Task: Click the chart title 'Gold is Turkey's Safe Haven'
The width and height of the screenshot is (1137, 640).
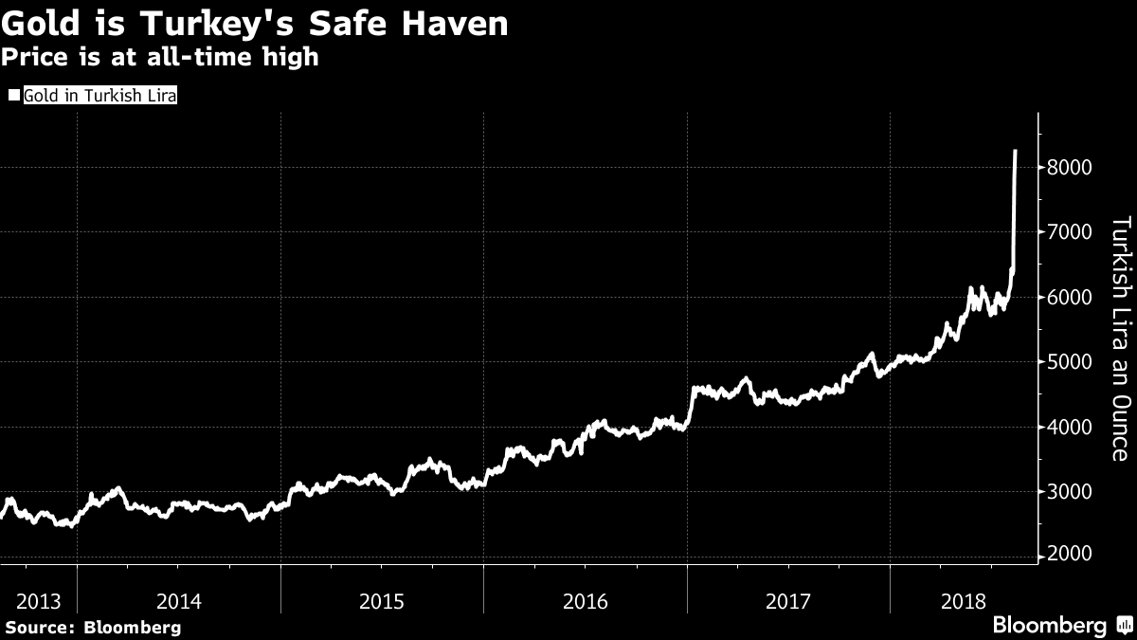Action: click(254, 24)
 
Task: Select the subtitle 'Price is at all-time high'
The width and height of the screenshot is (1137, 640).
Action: click(159, 58)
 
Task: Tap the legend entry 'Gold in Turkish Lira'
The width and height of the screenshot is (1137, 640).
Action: click(100, 96)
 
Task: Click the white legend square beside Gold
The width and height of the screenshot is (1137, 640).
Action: click(13, 96)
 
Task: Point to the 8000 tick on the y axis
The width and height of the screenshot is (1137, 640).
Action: click(1070, 169)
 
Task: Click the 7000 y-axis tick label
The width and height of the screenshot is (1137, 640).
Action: click(1070, 233)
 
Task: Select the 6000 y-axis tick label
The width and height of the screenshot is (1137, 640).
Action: click(1070, 298)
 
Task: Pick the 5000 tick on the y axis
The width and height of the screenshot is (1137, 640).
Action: click(1070, 362)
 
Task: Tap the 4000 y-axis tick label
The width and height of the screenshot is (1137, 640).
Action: click(1070, 427)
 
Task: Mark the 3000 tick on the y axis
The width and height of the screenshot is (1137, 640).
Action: click(1070, 491)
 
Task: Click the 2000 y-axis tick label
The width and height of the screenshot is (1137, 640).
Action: click(1070, 556)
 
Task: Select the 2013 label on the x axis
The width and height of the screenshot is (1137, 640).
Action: click(38, 600)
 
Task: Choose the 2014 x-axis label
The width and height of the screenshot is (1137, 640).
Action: click(178, 600)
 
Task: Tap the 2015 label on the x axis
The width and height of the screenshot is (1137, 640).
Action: click(382, 600)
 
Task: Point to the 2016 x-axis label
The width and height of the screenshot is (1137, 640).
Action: click(586, 600)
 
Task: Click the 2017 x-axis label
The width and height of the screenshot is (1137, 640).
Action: click(788, 600)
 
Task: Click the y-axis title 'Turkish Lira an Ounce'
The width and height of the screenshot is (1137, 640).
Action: click(1119, 339)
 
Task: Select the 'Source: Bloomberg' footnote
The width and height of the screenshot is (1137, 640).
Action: click(93, 627)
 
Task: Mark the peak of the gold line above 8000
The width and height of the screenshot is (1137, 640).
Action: click(1016, 151)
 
